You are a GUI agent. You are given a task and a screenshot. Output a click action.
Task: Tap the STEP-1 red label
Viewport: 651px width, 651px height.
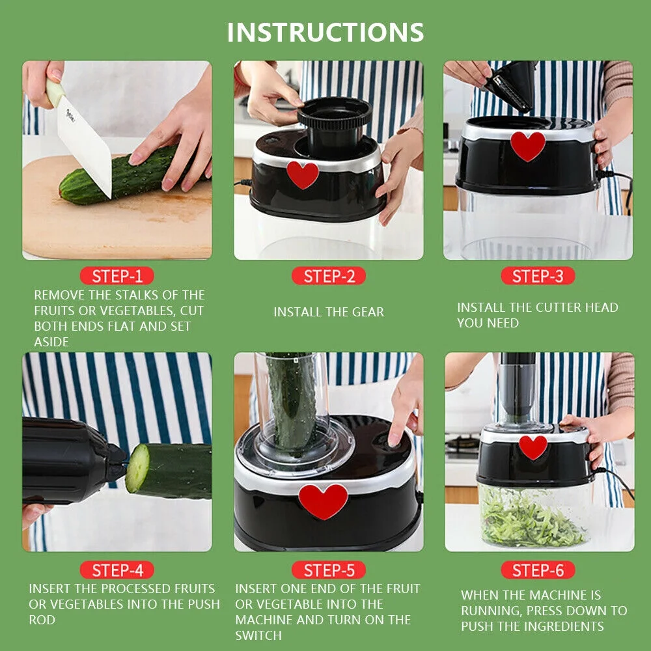[x=117, y=276]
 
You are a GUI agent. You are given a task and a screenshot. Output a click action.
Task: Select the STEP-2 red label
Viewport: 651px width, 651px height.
[x=329, y=276]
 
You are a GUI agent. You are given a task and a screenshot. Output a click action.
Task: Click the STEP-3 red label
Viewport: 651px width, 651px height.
[x=538, y=276]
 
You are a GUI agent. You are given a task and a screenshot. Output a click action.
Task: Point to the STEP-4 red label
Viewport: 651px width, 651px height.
[x=117, y=570]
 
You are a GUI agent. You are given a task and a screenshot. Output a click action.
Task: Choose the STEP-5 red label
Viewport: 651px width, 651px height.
[x=329, y=570]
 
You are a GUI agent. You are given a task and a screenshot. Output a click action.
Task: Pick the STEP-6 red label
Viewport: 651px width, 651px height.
[x=538, y=570]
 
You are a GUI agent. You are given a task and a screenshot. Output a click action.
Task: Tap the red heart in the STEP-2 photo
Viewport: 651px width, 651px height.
[x=303, y=174]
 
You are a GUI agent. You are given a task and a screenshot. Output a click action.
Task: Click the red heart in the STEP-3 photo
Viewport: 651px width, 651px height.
[x=527, y=145]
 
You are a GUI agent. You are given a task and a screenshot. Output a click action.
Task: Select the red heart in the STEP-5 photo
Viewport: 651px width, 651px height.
[x=324, y=500]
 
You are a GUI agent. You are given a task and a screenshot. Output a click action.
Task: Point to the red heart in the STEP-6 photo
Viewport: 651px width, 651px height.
[x=533, y=447]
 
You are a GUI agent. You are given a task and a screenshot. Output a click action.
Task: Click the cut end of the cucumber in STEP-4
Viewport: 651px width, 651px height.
[x=137, y=467]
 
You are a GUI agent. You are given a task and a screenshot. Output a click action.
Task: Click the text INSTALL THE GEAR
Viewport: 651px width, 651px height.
[x=328, y=312]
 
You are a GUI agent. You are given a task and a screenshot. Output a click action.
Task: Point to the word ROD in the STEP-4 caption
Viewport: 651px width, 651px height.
[x=42, y=620]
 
